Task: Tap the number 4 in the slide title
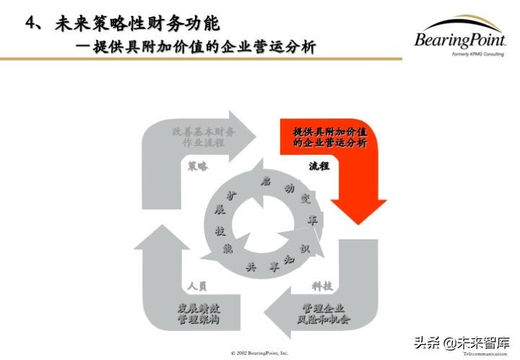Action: (30, 23)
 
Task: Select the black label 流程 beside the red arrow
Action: (318, 166)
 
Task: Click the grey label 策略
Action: (197, 166)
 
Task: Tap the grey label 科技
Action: (322, 286)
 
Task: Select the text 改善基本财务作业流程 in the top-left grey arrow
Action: (204, 137)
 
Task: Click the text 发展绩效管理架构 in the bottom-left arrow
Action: (199, 313)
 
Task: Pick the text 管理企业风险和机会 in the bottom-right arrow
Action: (323, 313)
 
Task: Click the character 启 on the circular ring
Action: (266, 180)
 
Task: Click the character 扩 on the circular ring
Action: (231, 195)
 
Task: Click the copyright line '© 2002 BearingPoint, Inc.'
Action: (259, 353)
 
